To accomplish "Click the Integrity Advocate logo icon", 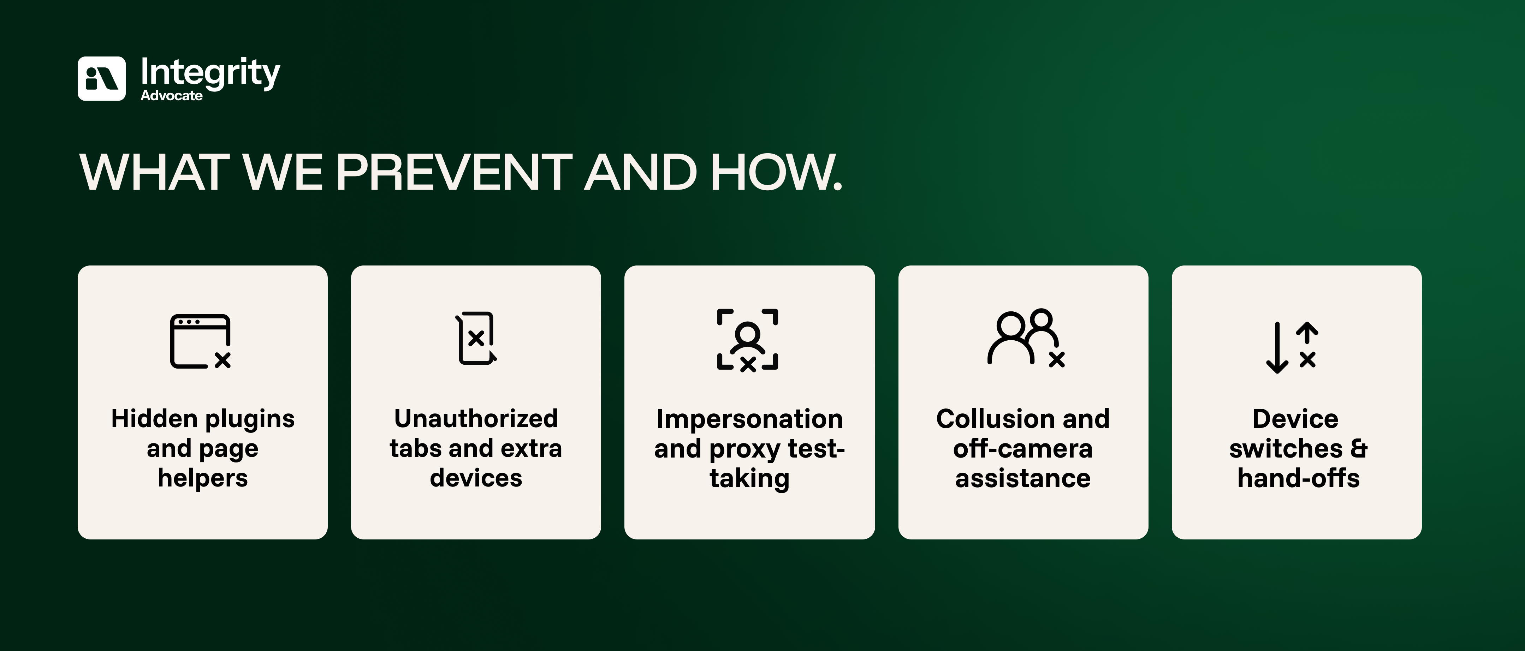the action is coord(101,79).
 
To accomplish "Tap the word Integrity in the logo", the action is coord(210,73).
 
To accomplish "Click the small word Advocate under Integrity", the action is coord(172,96).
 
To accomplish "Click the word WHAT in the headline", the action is coord(154,172).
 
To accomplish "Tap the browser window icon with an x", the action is coord(201,341).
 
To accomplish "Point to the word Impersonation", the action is coord(749,419).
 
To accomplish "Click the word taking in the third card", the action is coord(749,479).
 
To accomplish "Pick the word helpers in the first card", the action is coord(202,478).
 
